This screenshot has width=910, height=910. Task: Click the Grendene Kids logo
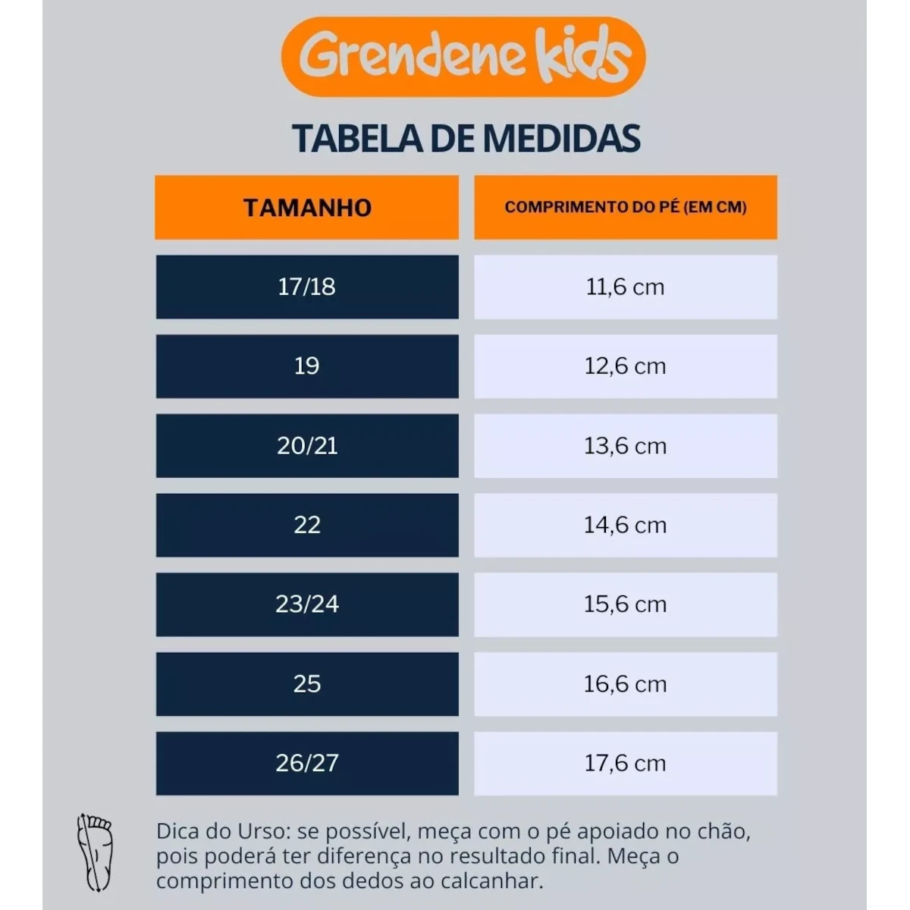(463, 57)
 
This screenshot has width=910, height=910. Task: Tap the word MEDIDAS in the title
(561, 139)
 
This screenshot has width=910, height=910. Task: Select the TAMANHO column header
(307, 208)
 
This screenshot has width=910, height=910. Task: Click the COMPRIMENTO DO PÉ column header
(626, 208)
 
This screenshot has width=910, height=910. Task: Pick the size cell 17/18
(307, 287)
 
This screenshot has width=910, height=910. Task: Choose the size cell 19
(307, 366)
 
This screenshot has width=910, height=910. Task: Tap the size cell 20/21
(307, 446)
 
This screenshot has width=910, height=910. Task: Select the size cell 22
(307, 525)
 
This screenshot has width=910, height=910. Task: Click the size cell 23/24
(307, 604)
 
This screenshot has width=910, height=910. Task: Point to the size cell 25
(307, 684)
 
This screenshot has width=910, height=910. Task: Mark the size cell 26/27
(307, 763)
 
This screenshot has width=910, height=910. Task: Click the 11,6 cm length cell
(626, 287)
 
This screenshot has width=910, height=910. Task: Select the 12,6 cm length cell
(626, 366)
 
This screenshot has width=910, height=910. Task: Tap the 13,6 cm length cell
(626, 446)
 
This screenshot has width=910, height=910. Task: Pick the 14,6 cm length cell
(626, 525)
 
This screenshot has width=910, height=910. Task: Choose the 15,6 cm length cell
(626, 604)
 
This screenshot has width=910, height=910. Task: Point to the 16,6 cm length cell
(626, 684)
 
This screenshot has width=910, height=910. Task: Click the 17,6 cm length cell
(626, 763)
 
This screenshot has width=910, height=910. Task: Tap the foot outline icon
(96, 852)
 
